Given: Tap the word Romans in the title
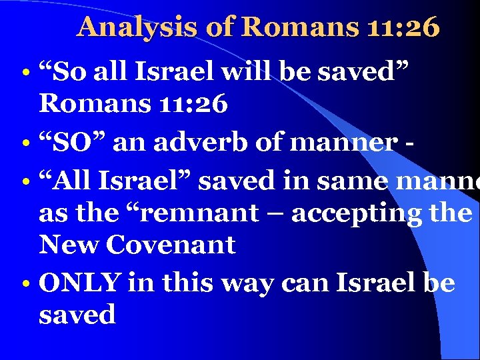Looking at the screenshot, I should [293, 27].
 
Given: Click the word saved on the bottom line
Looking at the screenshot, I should [77, 315].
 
